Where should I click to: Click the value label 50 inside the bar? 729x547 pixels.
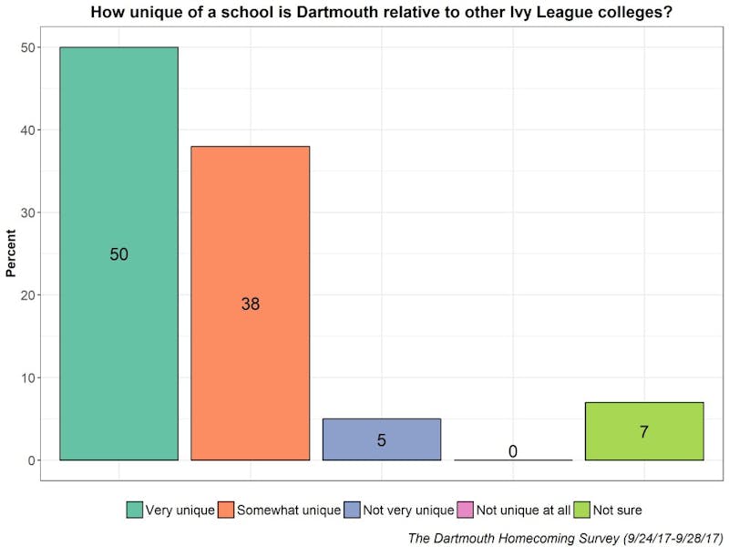point(119,254)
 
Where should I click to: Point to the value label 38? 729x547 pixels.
point(251,304)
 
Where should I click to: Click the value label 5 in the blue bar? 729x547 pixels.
point(382,440)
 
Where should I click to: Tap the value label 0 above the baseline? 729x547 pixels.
point(513,451)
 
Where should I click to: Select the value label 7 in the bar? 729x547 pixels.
point(644,432)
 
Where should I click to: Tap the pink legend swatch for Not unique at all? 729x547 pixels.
point(466,511)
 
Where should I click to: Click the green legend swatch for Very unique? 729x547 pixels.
point(135,511)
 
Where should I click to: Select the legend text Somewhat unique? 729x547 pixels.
point(289,511)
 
